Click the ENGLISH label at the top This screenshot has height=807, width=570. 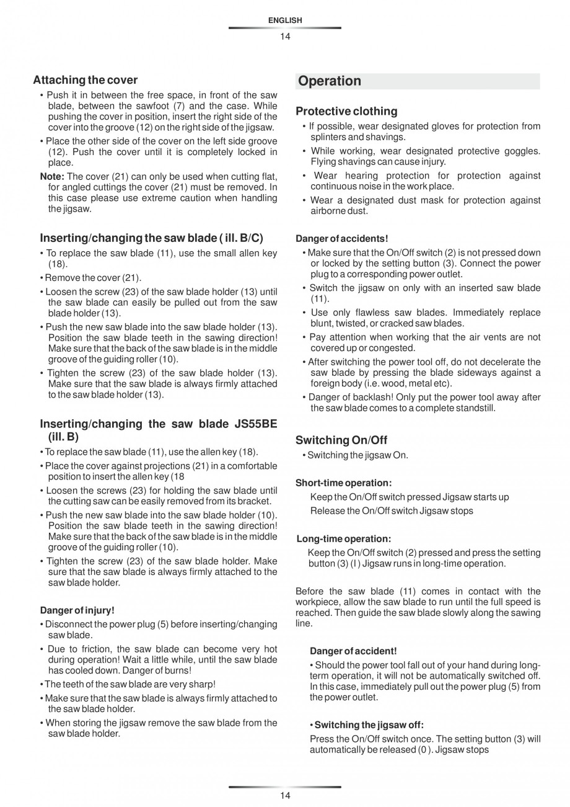click(285, 20)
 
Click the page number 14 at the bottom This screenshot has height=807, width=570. click(285, 796)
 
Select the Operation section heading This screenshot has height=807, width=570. click(330, 81)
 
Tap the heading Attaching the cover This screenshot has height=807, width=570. click(85, 80)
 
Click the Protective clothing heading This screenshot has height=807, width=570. click(346, 112)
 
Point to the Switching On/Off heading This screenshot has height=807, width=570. click(341, 440)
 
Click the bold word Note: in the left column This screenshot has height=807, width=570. click(52, 177)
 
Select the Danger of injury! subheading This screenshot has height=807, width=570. click(77, 610)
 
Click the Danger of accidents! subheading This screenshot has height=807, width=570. click(342, 239)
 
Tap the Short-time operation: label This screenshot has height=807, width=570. click(343, 483)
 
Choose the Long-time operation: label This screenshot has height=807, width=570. click(344, 539)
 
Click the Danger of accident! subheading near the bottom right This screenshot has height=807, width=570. click(353, 651)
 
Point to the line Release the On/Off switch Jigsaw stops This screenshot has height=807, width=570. click(392, 511)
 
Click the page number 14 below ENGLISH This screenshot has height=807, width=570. click(285, 37)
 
